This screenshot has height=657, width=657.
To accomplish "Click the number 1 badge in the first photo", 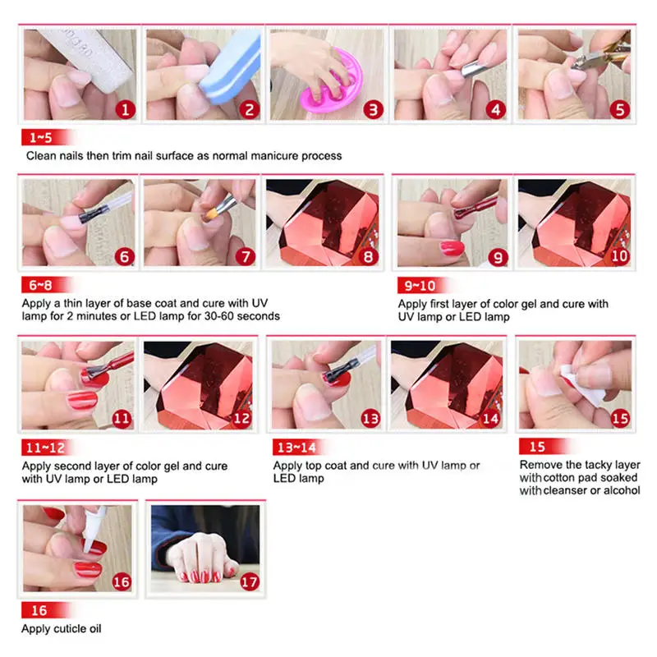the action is click(126, 110).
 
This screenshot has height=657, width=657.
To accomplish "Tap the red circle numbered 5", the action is click(620, 110).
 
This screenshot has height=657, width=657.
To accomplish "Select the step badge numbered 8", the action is click(368, 256).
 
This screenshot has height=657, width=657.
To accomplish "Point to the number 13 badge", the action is click(370, 418).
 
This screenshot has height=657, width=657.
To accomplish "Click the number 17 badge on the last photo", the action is click(249, 581).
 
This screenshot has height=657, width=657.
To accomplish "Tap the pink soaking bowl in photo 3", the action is click(332, 82).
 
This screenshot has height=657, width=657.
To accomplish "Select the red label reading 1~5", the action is click(46, 137).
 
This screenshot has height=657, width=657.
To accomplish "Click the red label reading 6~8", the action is click(45, 285).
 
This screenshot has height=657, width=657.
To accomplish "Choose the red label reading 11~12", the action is click(47, 448).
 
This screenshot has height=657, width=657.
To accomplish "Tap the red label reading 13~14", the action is click(298, 447).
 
